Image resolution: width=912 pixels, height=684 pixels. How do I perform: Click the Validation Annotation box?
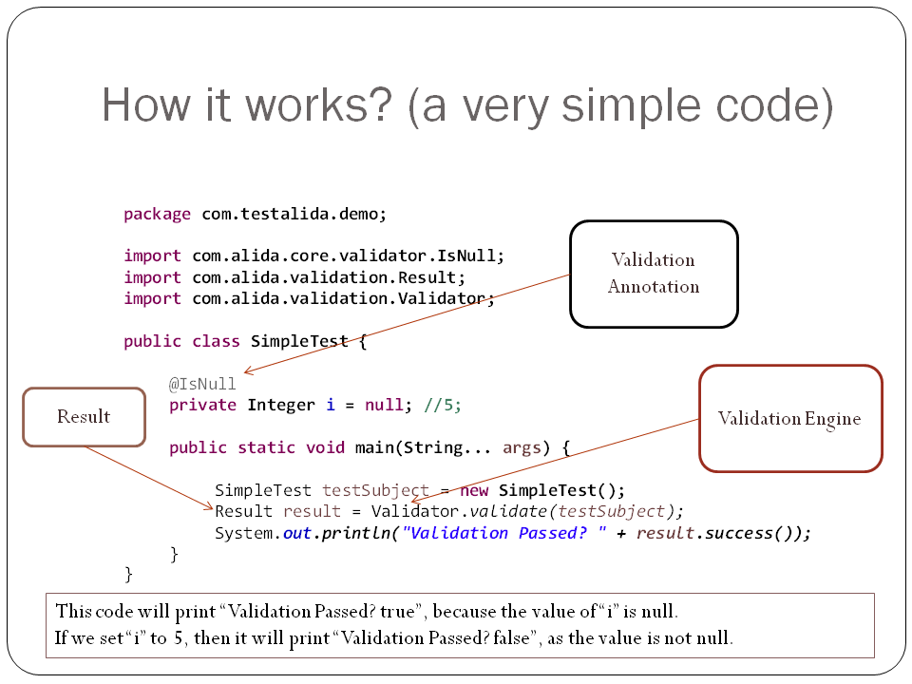coord(654,274)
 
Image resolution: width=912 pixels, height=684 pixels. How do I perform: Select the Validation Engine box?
coord(790,418)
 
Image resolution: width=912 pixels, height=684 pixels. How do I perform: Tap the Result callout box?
coord(84,416)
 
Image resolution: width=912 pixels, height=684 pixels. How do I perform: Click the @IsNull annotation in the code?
coord(202,384)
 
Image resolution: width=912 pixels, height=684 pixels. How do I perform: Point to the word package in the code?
coord(157,214)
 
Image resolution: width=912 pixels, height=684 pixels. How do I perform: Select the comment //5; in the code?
coord(443,406)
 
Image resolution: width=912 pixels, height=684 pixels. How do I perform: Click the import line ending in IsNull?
coord(313,256)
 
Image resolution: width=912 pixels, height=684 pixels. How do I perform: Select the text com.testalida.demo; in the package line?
coord(294,214)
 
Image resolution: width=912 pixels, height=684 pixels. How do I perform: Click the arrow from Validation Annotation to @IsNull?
coord(408,322)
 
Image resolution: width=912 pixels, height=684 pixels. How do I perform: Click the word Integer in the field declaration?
coord(281,406)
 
